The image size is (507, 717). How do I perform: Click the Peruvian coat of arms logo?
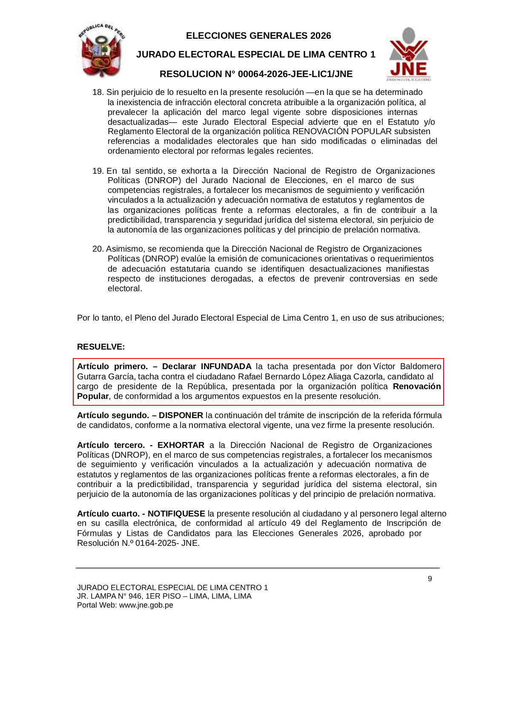pyautogui.click(x=101, y=51)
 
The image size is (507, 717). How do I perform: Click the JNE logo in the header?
pyautogui.click(x=409, y=54)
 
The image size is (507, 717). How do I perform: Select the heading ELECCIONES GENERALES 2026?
pyautogui.click(x=258, y=36)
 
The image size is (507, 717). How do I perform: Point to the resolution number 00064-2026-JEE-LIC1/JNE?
pyautogui.click(x=295, y=74)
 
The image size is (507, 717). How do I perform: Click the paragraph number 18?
pyautogui.click(x=97, y=92)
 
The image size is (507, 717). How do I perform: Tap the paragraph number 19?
pyautogui.click(x=97, y=171)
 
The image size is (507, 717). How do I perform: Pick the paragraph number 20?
pyautogui.click(x=97, y=249)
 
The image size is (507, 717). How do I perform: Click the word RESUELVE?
pyautogui.click(x=101, y=347)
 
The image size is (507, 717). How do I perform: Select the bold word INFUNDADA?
pyautogui.click(x=226, y=367)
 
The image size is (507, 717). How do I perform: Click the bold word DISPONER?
pyautogui.click(x=181, y=416)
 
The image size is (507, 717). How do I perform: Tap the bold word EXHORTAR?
pyautogui.click(x=181, y=445)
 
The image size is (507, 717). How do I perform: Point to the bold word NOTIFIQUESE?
pyautogui.click(x=176, y=514)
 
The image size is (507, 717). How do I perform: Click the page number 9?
pyautogui.click(x=430, y=579)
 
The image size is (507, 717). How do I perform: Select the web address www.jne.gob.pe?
pyautogui.click(x=146, y=605)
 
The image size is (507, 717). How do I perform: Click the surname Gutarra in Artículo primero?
pyautogui.click(x=91, y=377)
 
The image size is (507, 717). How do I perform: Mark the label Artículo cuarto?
pyautogui.click(x=108, y=514)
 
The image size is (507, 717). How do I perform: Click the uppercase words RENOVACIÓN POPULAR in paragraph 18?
pyautogui.click(x=342, y=132)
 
